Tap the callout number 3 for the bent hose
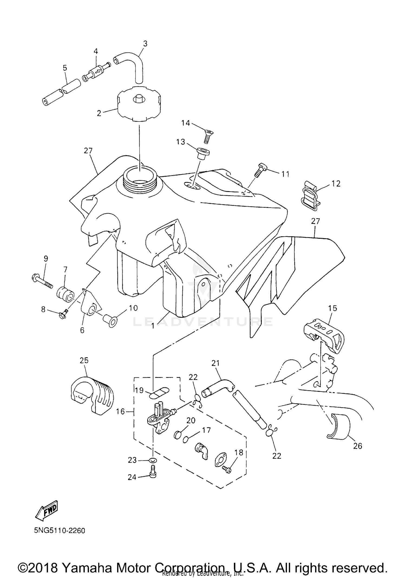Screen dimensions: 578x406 (145, 44)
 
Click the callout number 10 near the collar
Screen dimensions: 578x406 (133, 308)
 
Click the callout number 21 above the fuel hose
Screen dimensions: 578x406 (215, 363)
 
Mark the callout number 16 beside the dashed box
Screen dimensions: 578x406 (120, 412)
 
